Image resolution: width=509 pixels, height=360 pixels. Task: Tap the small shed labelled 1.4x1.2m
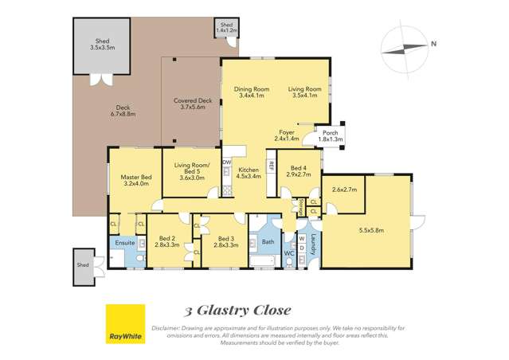pyautogui.click(x=225, y=29)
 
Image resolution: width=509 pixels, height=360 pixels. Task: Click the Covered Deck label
pyautogui.click(x=193, y=104)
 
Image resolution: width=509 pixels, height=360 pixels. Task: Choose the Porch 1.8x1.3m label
pyautogui.click(x=330, y=135)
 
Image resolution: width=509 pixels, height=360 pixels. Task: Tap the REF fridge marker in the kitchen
pyautogui.click(x=272, y=167)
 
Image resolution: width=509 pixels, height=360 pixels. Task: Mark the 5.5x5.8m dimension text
pyautogui.click(x=371, y=230)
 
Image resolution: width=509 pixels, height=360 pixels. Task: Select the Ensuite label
pyautogui.click(x=124, y=242)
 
